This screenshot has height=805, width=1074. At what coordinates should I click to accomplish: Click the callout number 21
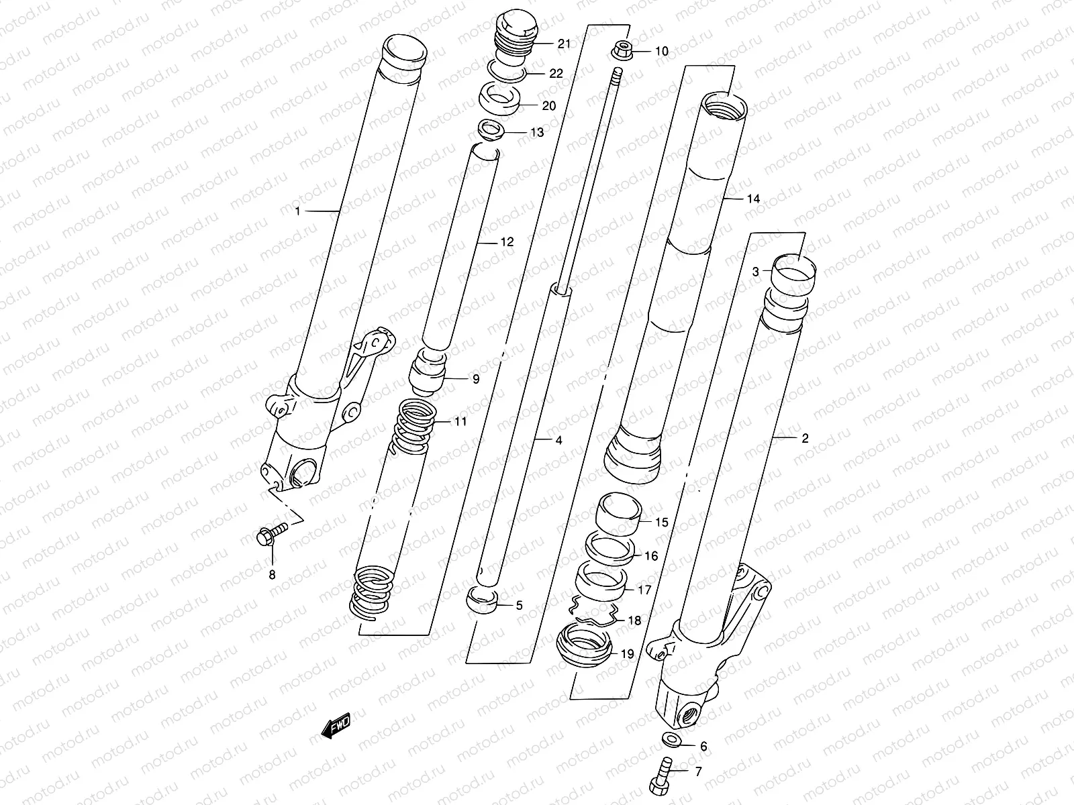click(x=564, y=44)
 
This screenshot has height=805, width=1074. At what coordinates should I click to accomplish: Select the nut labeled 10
click(x=622, y=50)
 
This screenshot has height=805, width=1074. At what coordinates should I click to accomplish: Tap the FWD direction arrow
click(x=336, y=725)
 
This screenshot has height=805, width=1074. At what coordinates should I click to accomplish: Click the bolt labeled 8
click(x=272, y=533)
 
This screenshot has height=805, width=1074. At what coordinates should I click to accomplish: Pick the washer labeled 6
click(x=671, y=739)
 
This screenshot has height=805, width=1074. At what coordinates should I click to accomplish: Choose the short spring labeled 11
click(x=415, y=426)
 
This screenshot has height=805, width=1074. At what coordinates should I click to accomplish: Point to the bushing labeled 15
click(x=618, y=514)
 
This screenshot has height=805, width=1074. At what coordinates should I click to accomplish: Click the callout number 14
click(x=753, y=199)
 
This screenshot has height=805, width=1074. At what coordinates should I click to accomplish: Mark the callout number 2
click(x=805, y=439)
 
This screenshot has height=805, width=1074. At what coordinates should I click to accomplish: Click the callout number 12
click(x=507, y=242)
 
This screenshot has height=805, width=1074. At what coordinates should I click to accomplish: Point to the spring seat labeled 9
click(x=428, y=372)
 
